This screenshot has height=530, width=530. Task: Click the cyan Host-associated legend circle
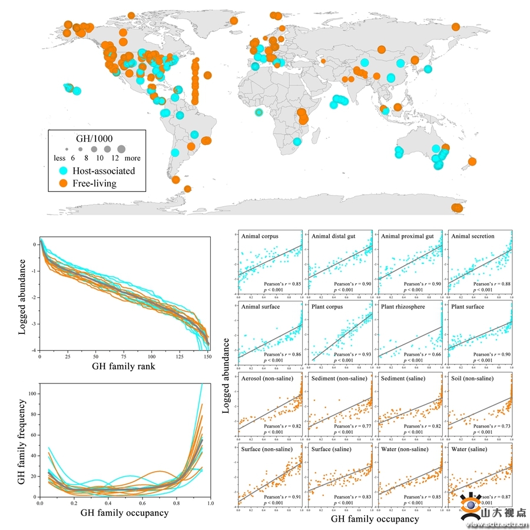(62, 171)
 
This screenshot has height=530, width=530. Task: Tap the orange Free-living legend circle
(62, 183)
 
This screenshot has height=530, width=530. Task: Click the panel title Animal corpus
(260, 236)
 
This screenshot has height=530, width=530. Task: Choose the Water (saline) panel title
(471, 449)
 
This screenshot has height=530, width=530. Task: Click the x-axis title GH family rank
(123, 366)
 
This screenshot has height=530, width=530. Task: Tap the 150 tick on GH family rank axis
(207, 357)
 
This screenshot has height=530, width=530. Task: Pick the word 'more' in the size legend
(132, 158)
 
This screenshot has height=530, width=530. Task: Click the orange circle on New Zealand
(472, 161)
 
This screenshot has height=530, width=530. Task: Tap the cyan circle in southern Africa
(297, 141)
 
